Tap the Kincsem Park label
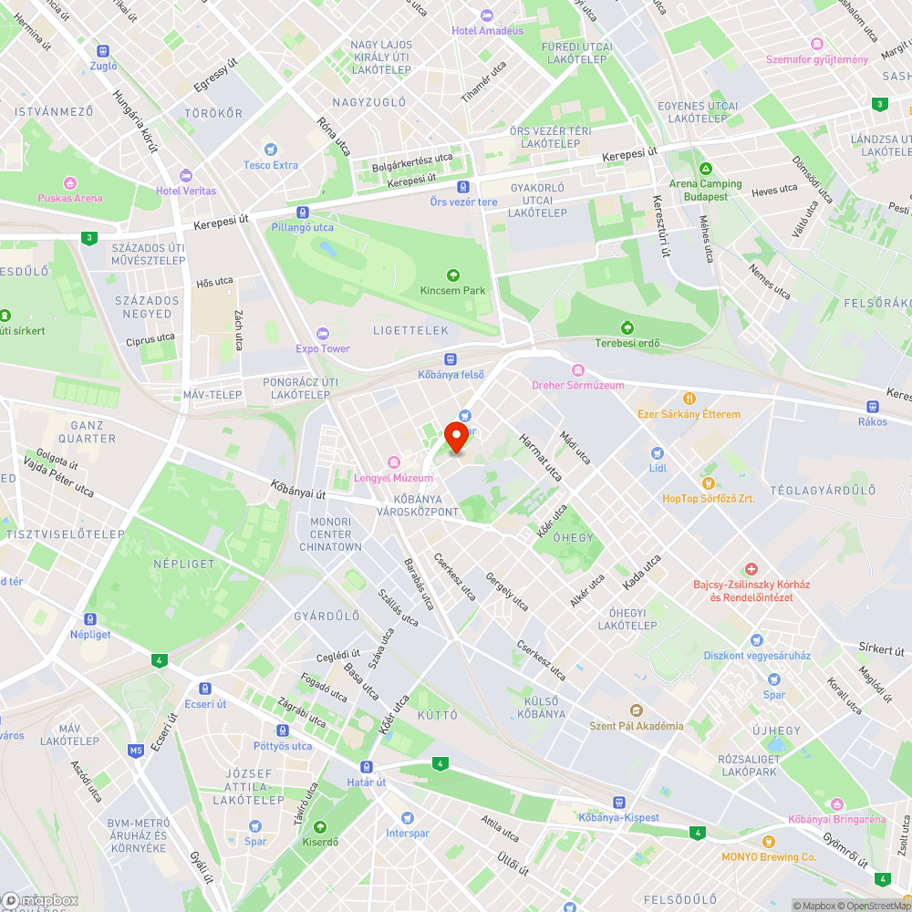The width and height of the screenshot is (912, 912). (452, 290)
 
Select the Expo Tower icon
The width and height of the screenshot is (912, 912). (322, 333)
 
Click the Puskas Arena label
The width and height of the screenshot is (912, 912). (69, 198)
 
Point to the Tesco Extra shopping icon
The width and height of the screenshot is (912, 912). (270, 150)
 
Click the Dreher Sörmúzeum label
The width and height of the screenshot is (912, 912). (578, 385)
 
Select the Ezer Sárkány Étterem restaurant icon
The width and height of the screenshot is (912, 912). (689, 399)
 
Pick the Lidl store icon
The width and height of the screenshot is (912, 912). (658, 452)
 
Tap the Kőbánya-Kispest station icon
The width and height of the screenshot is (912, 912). (618, 802)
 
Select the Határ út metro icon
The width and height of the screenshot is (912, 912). (367, 766)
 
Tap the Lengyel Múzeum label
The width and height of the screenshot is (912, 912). (394, 478)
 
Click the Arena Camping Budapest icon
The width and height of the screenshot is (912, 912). (705, 170)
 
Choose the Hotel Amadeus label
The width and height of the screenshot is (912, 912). (487, 30)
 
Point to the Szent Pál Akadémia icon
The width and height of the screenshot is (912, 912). (637, 710)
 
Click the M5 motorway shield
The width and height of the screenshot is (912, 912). (136, 751)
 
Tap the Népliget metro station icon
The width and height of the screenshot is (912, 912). (89, 618)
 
